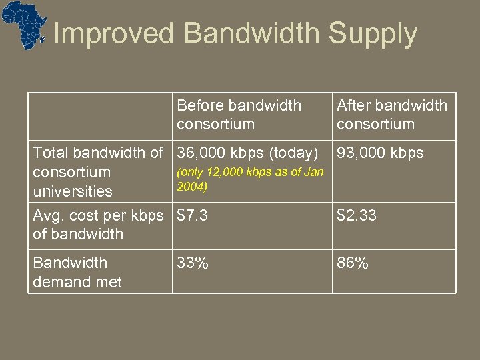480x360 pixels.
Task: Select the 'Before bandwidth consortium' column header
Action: point(239,115)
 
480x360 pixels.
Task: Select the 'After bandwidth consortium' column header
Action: point(391,115)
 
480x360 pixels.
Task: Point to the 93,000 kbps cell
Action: point(380,153)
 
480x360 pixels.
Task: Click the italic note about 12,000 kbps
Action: point(249,179)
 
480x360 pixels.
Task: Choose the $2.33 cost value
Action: point(357,215)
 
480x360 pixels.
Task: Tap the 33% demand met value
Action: point(193,263)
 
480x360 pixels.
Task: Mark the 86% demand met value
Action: point(353,263)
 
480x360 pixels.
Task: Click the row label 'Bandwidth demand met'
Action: point(77,272)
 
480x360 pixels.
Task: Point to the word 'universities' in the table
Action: point(73,191)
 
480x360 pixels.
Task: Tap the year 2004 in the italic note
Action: point(192,187)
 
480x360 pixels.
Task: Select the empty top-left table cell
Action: point(100,115)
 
